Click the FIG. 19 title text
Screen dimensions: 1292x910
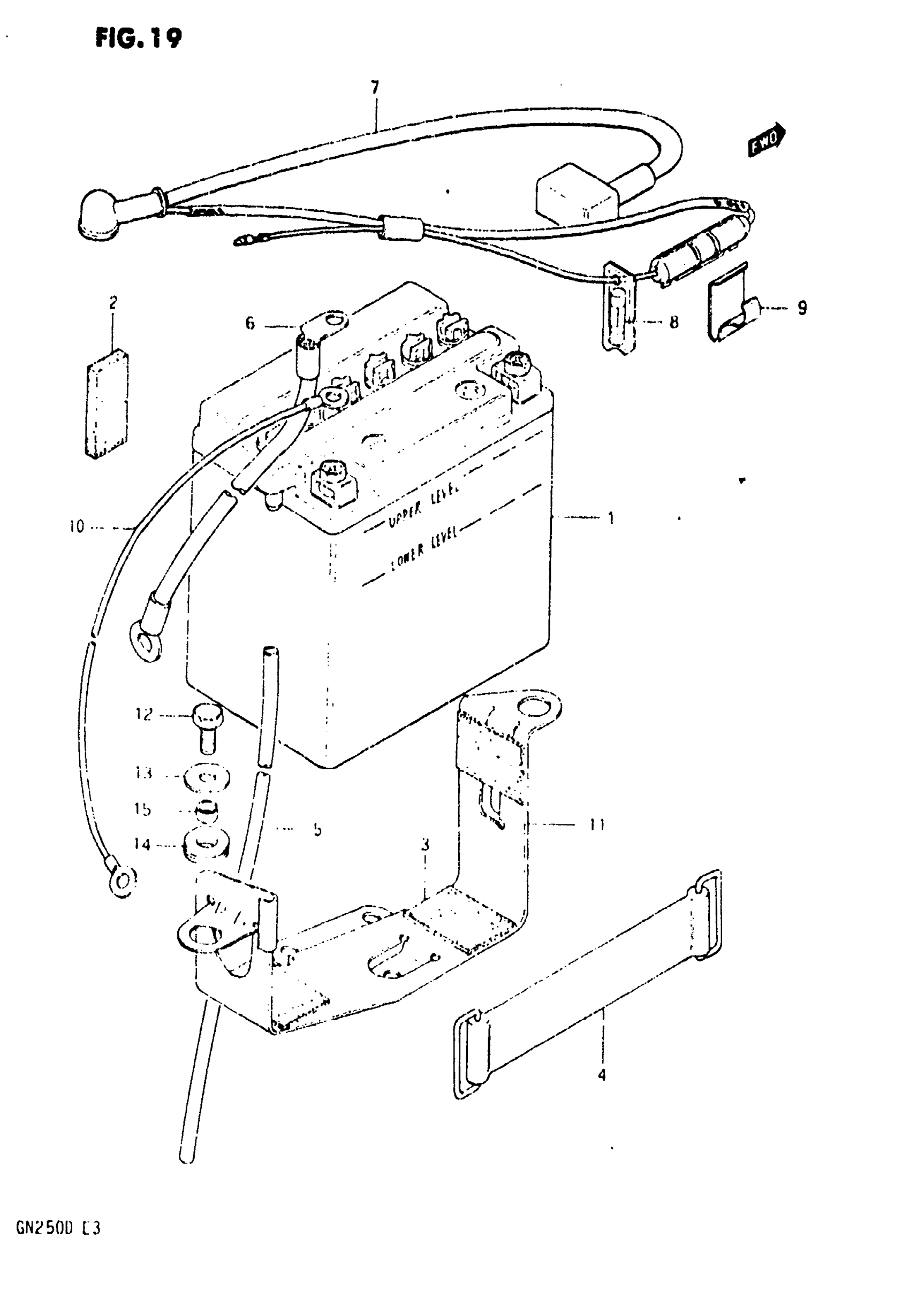pos(139,39)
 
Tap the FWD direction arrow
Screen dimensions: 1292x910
pos(767,139)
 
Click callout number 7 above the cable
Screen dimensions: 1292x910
pos(375,87)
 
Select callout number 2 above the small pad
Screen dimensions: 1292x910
pos(113,303)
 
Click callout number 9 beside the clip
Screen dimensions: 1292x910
pos(802,308)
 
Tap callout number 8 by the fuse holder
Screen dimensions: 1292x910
pos(673,322)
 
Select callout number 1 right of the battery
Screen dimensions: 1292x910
pos(611,518)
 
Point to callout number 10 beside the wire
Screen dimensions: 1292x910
pos(77,527)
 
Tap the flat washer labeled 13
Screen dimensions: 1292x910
pos(207,779)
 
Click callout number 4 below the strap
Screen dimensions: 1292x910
pos(602,1075)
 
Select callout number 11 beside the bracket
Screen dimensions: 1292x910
pos(597,825)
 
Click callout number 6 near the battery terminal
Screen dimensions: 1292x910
pos(249,323)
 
